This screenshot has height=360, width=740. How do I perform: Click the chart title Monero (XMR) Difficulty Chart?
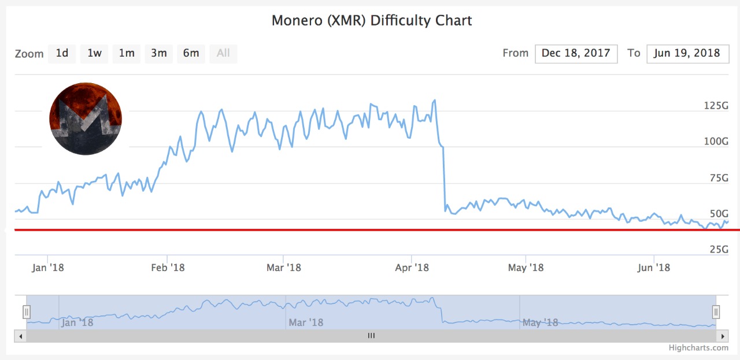[372, 21]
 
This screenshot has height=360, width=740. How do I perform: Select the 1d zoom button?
[62, 53]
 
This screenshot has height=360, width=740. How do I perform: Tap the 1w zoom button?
[94, 53]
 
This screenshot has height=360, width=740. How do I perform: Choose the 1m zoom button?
[127, 53]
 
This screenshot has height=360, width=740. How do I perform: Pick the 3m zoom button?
[159, 53]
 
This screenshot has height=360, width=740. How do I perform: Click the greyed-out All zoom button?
[223, 53]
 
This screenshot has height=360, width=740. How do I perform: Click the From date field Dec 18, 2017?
[576, 53]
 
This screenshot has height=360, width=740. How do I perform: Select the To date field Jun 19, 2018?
[687, 53]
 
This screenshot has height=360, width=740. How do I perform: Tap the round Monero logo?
[86, 118]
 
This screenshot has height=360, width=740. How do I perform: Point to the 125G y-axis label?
[716, 106]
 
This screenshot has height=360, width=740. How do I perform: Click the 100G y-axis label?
[716, 142]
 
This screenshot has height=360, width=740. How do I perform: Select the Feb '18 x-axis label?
[168, 268]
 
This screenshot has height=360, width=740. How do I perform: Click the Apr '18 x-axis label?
[412, 268]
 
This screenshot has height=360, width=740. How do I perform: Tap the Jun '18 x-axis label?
[653, 268]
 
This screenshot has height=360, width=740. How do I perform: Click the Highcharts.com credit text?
[698, 347]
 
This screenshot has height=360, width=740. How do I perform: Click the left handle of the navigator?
[27, 312]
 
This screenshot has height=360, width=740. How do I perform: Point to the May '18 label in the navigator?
[541, 322]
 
